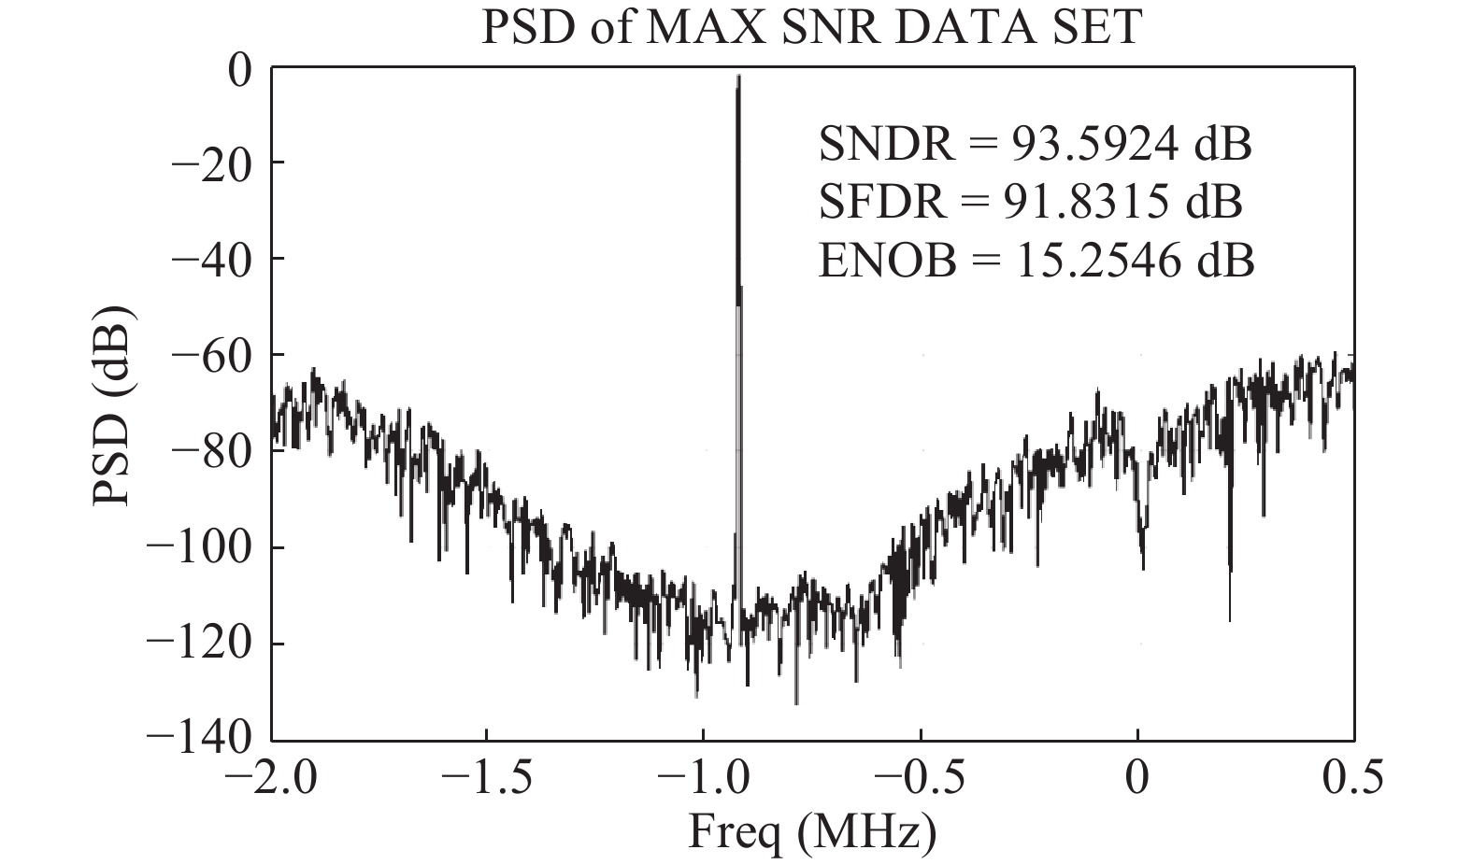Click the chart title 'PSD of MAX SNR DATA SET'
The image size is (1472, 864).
click(x=810, y=27)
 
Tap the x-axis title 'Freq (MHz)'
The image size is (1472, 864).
click(x=811, y=832)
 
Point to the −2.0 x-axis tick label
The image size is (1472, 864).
click(x=271, y=779)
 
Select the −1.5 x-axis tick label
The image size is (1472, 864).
click(x=487, y=779)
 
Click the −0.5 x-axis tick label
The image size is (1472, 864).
click(x=920, y=779)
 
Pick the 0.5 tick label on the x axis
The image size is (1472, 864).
click(x=1354, y=779)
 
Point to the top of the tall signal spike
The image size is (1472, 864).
click(x=738, y=77)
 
